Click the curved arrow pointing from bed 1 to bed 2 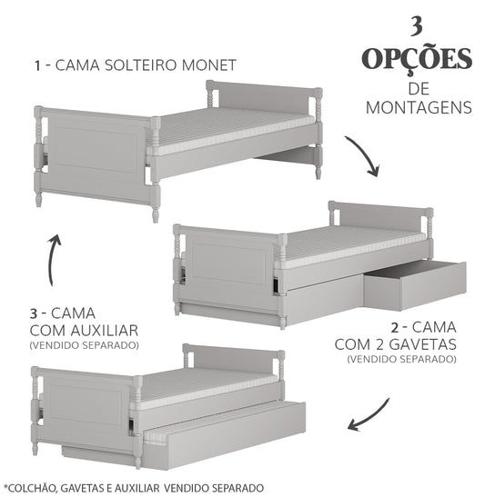coord(364,156)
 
